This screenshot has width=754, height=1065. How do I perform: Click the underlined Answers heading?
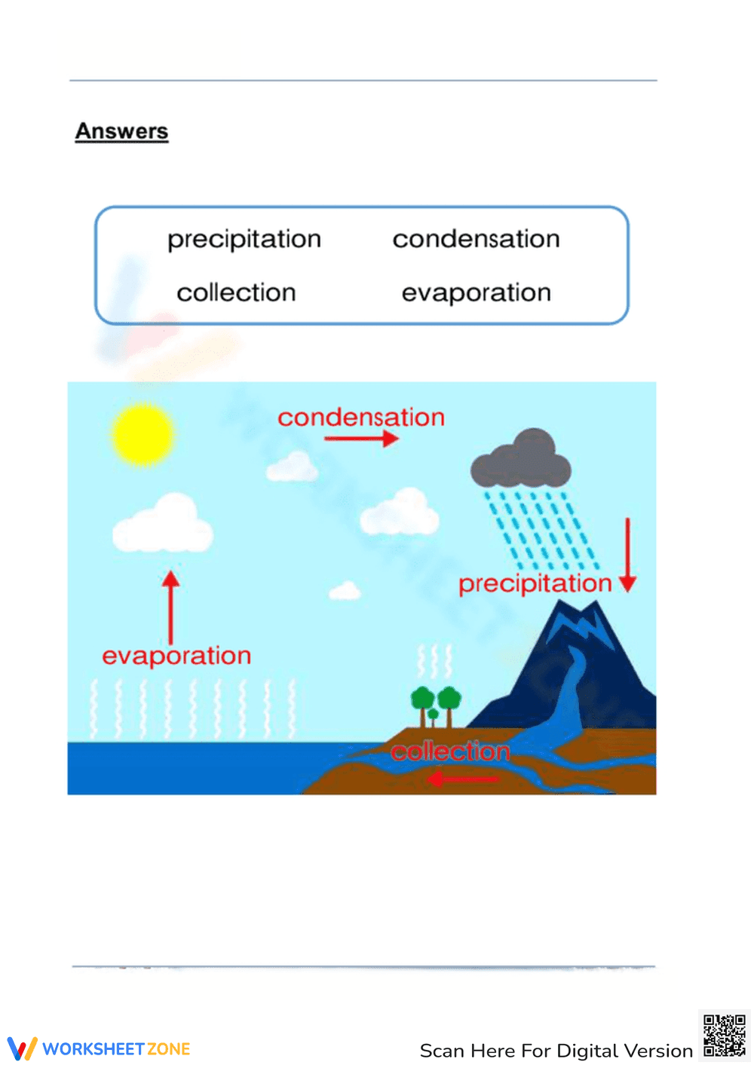[121, 131]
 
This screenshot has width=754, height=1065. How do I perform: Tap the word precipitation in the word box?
[244, 240]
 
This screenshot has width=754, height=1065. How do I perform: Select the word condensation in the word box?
[476, 239]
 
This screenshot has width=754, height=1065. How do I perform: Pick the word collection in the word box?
[236, 292]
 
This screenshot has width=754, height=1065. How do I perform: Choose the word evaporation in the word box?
[476, 293]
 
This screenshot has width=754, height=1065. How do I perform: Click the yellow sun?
[143, 434]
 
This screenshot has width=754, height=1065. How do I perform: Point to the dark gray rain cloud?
[521, 461]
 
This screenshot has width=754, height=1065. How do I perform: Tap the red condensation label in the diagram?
[360, 418]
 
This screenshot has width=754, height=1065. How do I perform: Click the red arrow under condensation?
[361, 439]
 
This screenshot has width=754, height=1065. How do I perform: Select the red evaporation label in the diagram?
[176, 656]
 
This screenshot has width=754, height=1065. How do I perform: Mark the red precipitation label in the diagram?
[535, 583]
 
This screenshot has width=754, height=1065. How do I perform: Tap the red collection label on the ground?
[450, 751]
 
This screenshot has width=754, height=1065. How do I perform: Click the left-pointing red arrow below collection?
[462, 778]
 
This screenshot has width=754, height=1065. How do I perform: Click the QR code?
[724, 1036]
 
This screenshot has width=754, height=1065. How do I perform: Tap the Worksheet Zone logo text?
[116, 1049]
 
